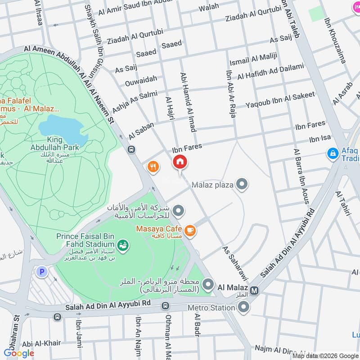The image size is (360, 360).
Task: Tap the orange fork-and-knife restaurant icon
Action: tap(153, 167)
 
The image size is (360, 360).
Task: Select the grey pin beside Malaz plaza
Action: tap(243, 184)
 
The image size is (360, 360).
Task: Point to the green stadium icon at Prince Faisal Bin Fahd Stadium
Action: tap(122, 245)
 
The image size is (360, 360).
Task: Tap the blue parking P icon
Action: tap(41, 272)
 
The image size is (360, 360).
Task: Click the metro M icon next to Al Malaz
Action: tap(255, 290)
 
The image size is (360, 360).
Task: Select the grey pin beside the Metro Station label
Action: tap(243, 308)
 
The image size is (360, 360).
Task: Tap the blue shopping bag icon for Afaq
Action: tap(333, 154)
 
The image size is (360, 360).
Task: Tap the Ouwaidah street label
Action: tap(141, 79)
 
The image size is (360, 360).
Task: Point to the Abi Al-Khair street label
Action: tap(41, 343)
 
